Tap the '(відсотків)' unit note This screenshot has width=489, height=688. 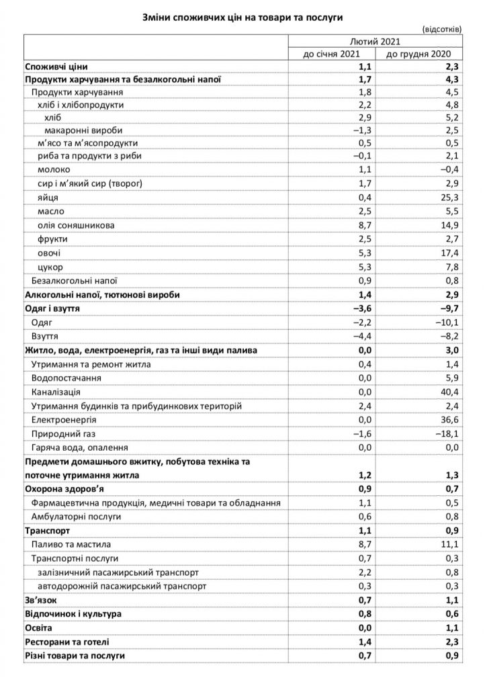441,29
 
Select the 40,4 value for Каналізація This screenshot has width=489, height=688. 449,391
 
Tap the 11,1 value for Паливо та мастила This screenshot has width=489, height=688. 449,544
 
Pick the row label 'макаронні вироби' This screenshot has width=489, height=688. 83,129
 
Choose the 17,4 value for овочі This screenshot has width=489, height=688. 449,253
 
